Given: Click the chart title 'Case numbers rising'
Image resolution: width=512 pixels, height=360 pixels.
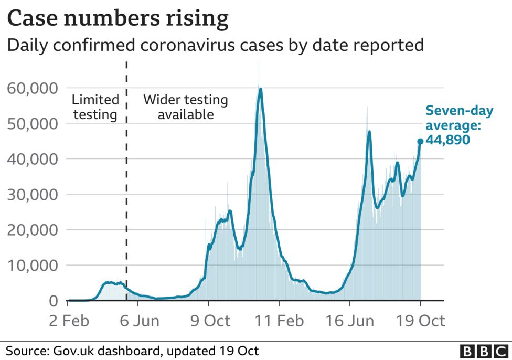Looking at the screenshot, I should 118,19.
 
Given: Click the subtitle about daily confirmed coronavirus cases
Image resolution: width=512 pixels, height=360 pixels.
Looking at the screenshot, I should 215,45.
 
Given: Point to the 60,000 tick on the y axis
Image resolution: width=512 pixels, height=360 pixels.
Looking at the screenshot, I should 32,88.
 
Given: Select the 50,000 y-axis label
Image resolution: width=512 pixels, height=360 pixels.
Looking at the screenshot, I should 32,124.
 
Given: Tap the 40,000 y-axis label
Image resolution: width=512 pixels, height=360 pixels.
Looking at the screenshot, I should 32,159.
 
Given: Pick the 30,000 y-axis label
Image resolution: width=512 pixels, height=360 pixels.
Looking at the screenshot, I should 32,195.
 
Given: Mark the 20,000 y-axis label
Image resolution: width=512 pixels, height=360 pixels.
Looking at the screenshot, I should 32,230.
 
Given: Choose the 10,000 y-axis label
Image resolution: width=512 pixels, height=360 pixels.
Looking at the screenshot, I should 32,266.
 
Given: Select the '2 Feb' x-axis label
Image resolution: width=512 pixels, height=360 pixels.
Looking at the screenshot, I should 68,321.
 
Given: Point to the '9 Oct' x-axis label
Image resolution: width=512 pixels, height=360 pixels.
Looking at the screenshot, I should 208,321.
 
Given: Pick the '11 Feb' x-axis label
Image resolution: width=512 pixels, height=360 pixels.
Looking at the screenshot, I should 280,321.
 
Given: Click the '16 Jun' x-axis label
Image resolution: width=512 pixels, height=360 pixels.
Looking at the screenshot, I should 350,321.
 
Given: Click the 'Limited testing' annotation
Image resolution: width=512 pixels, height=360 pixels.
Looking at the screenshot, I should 95,107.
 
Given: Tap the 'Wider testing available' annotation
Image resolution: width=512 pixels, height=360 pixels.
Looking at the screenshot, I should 186,107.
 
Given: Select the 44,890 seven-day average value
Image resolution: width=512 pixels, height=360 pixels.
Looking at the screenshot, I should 447,140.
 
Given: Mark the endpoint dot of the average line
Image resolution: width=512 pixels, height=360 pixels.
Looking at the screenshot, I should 420,141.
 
